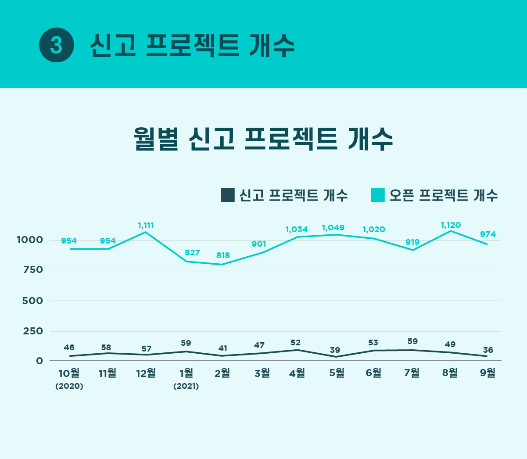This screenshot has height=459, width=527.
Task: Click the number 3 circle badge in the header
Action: [x=57, y=45]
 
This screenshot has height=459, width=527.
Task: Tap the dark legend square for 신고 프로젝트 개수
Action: [x=228, y=195]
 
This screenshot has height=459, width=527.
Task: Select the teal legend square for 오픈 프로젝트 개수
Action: [x=378, y=195]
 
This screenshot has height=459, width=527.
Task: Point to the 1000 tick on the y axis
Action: [x=30, y=240]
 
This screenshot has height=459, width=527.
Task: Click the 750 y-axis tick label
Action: [x=33, y=270]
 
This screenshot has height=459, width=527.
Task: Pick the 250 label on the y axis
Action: [x=33, y=331]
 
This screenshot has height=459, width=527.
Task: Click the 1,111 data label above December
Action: [x=146, y=226]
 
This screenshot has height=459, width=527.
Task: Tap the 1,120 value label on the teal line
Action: [x=451, y=225]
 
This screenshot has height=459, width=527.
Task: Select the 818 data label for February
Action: [x=223, y=255]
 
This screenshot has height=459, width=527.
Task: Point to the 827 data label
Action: [x=192, y=253]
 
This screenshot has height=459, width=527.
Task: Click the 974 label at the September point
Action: [x=488, y=234]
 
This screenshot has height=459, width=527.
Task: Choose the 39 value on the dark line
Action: [x=335, y=350]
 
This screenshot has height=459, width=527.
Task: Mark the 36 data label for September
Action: [x=488, y=350]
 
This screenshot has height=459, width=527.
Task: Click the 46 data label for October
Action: [x=69, y=348]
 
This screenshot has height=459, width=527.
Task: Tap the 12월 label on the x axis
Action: [x=146, y=373]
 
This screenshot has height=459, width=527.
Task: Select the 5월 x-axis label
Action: [x=337, y=373]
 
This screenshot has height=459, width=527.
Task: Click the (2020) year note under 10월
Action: [x=69, y=386]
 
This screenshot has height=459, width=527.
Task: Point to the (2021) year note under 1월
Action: [x=186, y=386]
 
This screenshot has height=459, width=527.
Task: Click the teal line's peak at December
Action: [x=146, y=232]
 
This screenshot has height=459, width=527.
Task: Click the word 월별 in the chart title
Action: [x=156, y=139]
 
